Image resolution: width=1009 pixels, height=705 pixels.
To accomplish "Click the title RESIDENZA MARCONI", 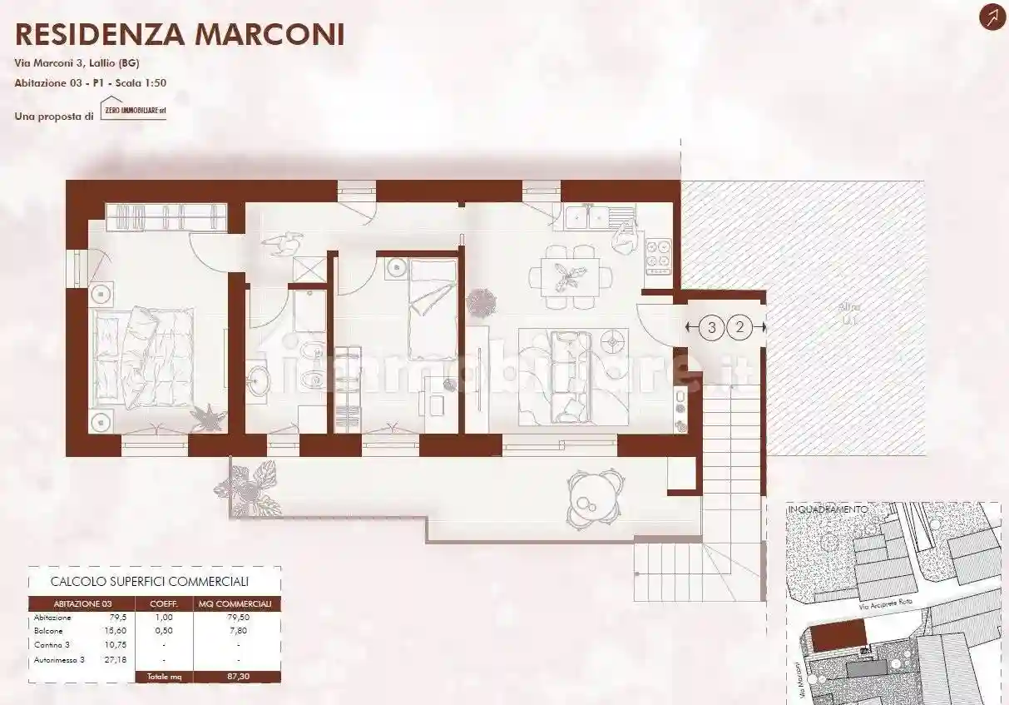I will (x=180, y=34).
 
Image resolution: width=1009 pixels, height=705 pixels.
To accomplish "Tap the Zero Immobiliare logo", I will (x=133, y=110).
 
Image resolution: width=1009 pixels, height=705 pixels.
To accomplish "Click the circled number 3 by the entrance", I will (x=711, y=327).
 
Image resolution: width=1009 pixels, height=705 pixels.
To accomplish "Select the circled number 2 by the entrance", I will (x=739, y=327).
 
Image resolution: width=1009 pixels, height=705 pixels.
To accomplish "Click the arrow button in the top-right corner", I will (x=992, y=17).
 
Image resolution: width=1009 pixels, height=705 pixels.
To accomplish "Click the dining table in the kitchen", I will (x=570, y=275).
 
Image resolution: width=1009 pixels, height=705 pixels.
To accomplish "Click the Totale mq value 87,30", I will (x=237, y=677).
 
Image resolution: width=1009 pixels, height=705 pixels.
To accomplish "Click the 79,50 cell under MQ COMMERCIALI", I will (x=237, y=618).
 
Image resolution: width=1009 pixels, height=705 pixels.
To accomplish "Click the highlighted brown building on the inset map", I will (x=838, y=637).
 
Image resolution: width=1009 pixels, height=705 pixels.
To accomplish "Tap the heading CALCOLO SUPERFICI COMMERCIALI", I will (x=150, y=582).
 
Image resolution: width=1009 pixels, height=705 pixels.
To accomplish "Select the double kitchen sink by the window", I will (x=588, y=217).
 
